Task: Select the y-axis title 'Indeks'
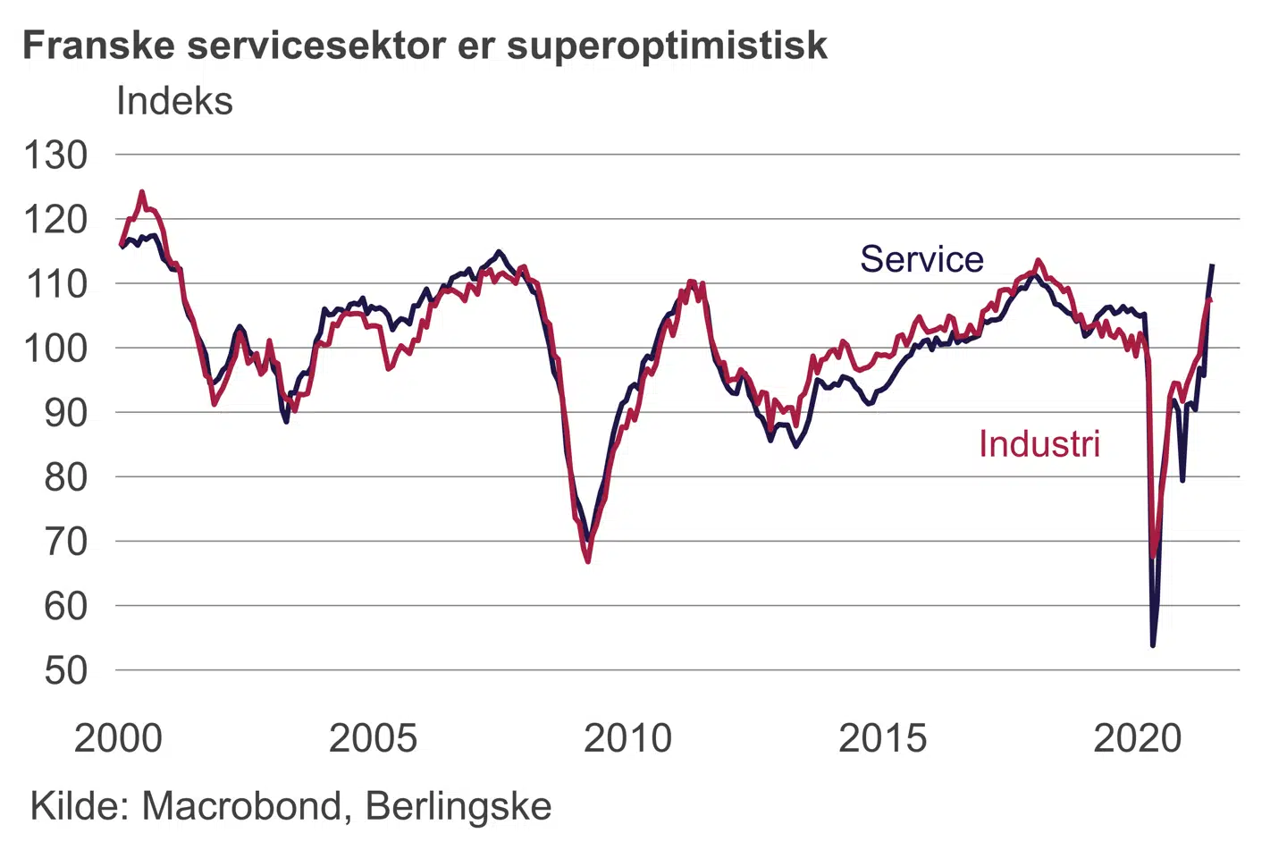(174, 101)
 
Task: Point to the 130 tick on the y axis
(55, 156)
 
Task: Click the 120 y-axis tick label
(55, 220)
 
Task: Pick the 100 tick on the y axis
(55, 349)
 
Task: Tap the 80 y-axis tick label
(65, 477)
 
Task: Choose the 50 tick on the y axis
(65, 670)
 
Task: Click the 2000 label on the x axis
(118, 738)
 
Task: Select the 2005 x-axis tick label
(373, 738)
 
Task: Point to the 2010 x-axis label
(627, 738)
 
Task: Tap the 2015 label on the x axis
(882, 738)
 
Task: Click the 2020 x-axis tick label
(1137, 738)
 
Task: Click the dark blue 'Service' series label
(921, 259)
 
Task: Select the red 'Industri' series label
(1039, 444)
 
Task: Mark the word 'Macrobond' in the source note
(241, 806)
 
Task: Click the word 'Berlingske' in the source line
(458, 806)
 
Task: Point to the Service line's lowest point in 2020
(1153, 644)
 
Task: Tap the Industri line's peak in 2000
(142, 191)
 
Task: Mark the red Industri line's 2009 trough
(588, 561)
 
